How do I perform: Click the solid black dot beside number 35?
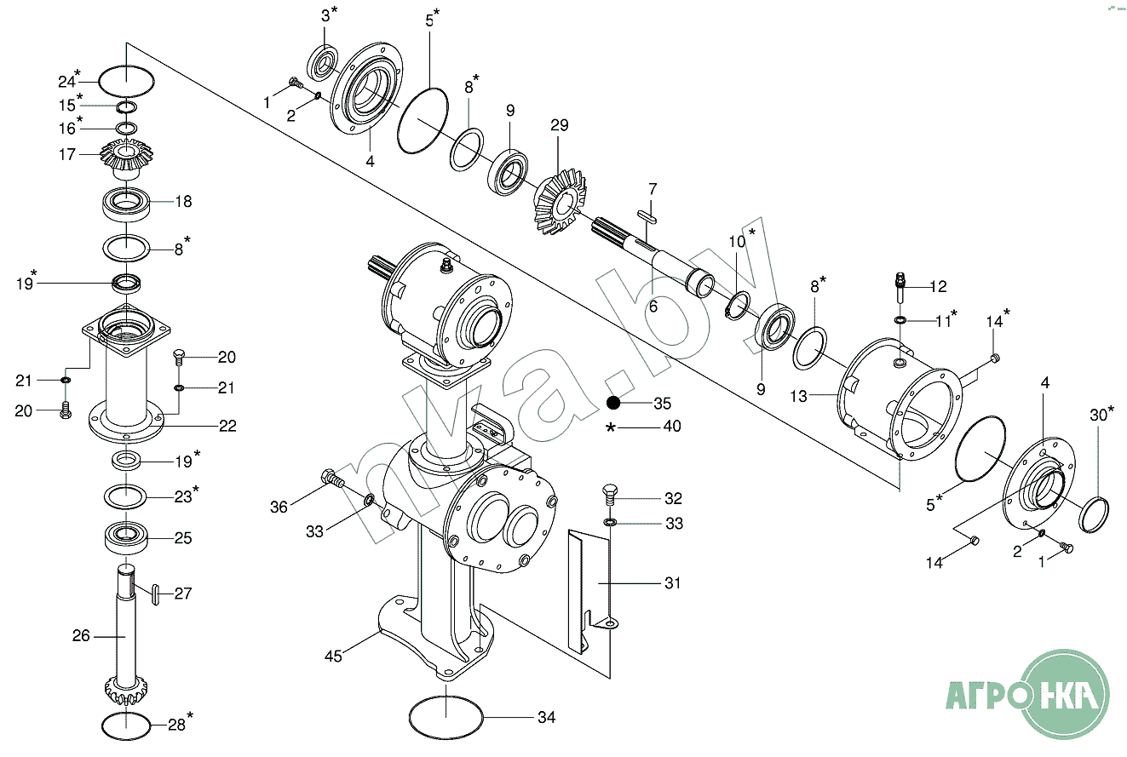pyautogui.click(x=613, y=403)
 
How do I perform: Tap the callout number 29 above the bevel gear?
pyautogui.click(x=560, y=124)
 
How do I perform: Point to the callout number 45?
pyautogui.click(x=333, y=656)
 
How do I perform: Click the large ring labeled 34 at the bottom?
pyautogui.click(x=446, y=718)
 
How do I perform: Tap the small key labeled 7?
pyautogui.click(x=647, y=216)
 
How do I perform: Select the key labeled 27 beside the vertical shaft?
pyautogui.click(x=156, y=595)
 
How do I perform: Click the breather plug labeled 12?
pyautogui.click(x=900, y=287)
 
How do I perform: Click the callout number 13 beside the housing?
pyautogui.click(x=798, y=396)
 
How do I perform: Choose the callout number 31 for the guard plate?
pyautogui.click(x=673, y=583)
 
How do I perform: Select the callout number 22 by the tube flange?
pyautogui.click(x=227, y=426)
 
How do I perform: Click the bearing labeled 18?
pyautogui.click(x=126, y=204)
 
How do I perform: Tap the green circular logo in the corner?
pyautogui.click(x=1066, y=694)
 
